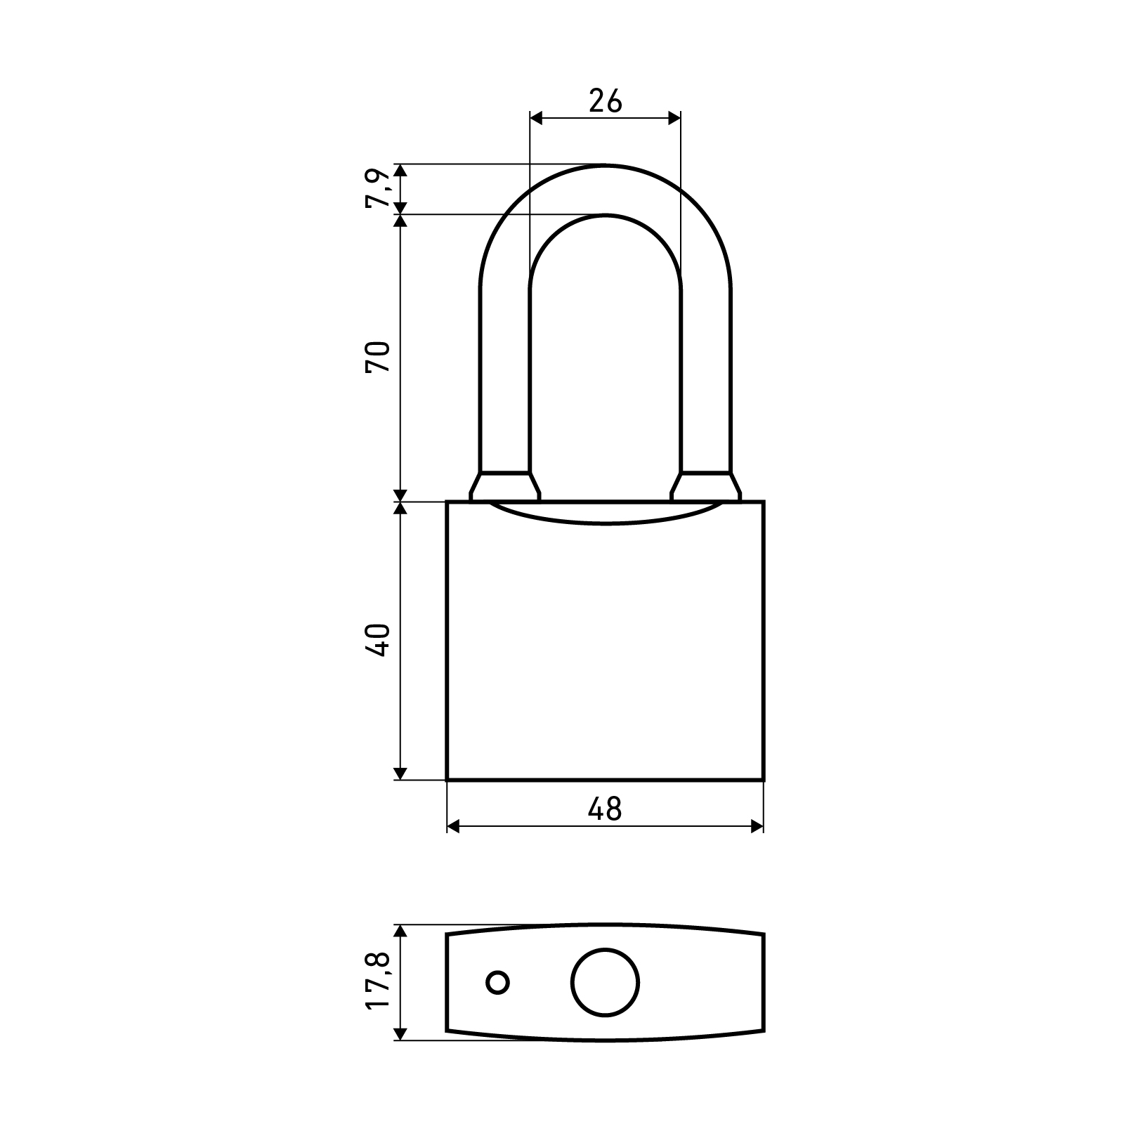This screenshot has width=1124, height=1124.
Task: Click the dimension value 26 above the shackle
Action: click(606, 101)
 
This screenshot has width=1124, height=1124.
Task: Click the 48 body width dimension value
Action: click(606, 809)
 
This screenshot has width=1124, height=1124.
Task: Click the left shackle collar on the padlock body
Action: click(505, 486)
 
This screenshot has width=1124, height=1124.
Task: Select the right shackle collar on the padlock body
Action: click(705, 486)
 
